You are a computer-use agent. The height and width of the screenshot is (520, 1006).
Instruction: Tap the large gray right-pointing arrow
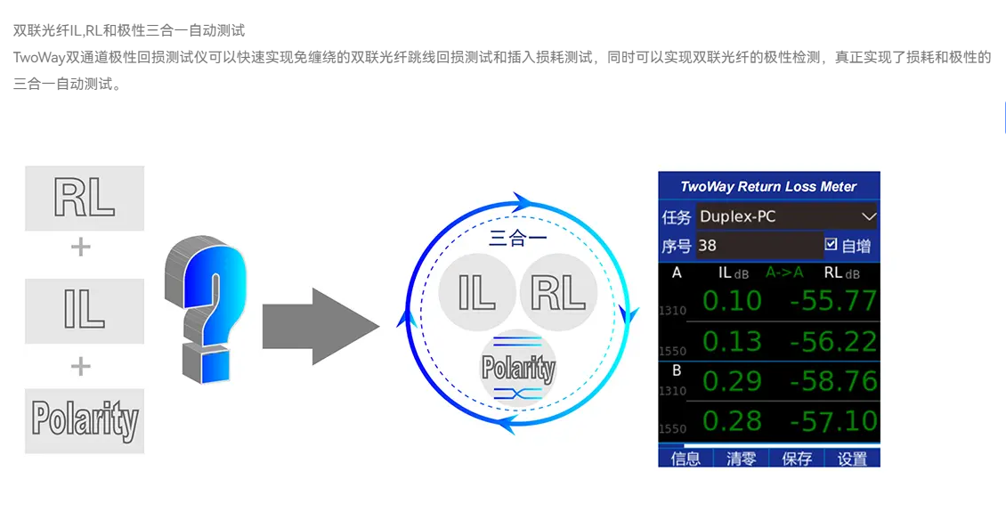[x=320, y=326]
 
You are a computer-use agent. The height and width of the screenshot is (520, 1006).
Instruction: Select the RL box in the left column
[x=85, y=199]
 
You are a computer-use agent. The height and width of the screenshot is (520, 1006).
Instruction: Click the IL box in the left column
[x=85, y=311]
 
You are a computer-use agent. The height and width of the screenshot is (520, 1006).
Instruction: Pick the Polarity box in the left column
[x=85, y=420]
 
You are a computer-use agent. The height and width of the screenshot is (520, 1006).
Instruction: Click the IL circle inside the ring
[x=477, y=293]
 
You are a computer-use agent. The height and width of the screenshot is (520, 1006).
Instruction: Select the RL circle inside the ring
[x=558, y=293]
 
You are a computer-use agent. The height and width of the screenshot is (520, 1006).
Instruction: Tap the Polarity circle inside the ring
[x=518, y=368]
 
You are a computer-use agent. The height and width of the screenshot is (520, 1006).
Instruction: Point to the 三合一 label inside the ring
[x=518, y=239]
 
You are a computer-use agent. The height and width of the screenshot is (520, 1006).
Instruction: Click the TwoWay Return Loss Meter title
[x=768, y=187]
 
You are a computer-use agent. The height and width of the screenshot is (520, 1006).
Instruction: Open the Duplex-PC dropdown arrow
[x=869, y=216]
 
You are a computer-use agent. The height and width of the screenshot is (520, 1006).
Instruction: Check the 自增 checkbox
[x=831, y=244]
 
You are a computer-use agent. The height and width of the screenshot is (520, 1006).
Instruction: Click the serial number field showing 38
[x=760, y=245]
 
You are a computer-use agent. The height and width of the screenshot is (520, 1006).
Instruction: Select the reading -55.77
[x=833, y=300]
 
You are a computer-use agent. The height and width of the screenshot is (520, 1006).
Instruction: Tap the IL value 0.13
[x=732, y=342]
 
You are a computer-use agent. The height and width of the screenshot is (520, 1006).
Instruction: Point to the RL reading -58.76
[x=833, y=381]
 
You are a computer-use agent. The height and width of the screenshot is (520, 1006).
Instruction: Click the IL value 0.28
[x=732, y=421]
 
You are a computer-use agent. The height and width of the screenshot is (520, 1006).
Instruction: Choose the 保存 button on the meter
[x=797, y=459]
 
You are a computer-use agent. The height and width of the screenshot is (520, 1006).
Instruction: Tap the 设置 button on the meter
[x=853, y=459]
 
